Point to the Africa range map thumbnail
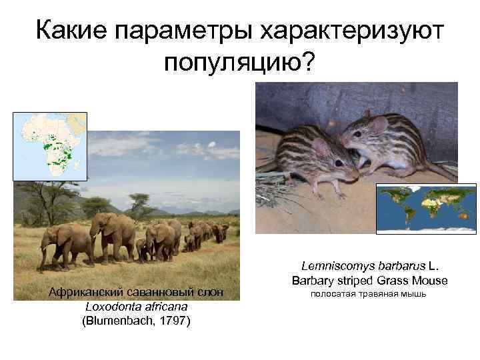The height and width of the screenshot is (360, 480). (x=50, y=146)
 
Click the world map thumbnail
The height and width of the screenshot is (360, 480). (x=426, y=208)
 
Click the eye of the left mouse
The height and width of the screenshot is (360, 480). (x=339, y=162)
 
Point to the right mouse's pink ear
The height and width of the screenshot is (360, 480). (x=379, y=124)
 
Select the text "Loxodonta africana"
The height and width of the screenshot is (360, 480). (x=136, y=307)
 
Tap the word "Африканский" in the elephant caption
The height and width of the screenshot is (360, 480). (x=81, y=293)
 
